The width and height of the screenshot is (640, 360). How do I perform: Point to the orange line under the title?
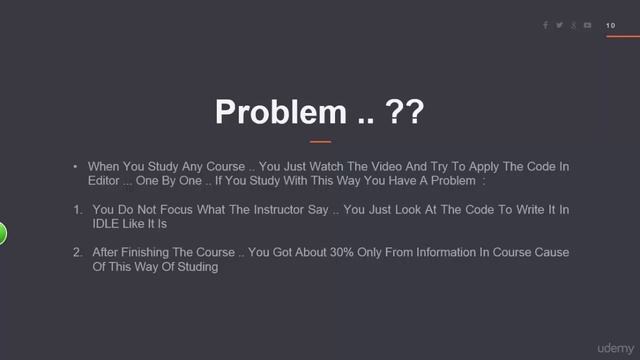[x=319, y=142]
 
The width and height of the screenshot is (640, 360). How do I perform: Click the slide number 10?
[x=610, y=25]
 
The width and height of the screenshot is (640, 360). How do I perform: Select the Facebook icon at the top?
[x=546, y=25]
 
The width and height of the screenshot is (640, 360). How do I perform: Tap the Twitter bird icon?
[x=559, y=25]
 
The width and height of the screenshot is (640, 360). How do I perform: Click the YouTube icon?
[x=587, y=25]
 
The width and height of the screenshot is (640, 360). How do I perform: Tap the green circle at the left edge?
[x=2, y=235]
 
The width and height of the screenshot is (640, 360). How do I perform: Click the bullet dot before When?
[x=75, y=166]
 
